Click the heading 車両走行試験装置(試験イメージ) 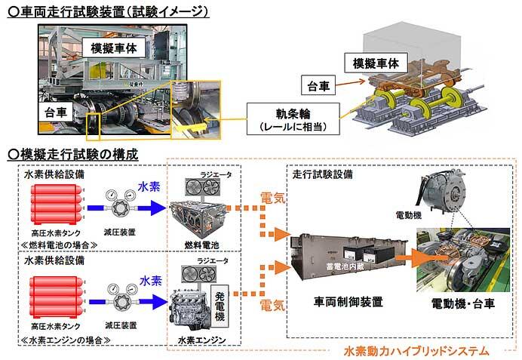[106, 11]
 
